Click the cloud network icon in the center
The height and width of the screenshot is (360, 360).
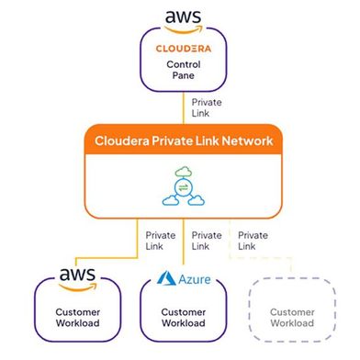coord(181,186)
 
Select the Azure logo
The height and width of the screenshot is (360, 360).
coord(181,277)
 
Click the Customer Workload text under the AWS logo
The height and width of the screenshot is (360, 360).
coord(76,317)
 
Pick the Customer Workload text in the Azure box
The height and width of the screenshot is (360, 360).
coord(181,317)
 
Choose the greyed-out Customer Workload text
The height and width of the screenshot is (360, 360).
coord(291,317)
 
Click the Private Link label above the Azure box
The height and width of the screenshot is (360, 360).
coord(207,241)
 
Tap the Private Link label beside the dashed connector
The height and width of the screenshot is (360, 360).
coord(253,241)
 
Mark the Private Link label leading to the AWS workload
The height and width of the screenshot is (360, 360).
coord(161,241)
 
